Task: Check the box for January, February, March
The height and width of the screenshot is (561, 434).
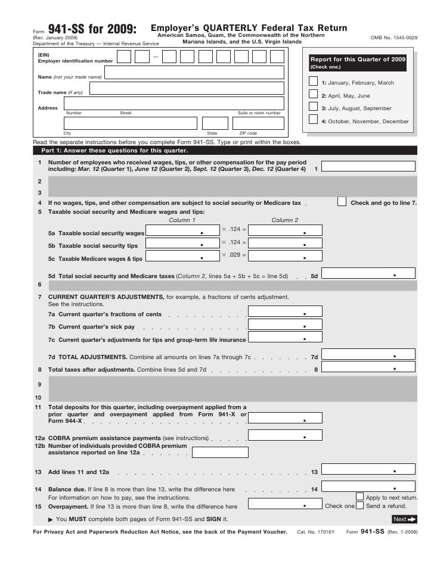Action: [314, 82]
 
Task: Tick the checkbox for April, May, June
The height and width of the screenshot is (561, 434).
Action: [314, 94]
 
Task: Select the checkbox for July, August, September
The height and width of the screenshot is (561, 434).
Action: [314, 107]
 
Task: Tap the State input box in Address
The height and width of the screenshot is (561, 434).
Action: [212, 123]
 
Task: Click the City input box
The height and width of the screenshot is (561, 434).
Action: [131, 123]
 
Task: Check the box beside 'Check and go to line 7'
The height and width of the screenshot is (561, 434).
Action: [342, 201]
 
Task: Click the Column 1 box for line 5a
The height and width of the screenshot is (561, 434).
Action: [182, 230]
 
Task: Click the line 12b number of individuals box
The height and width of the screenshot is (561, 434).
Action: [216, 451]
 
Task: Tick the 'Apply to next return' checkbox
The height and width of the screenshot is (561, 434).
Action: [359, 496]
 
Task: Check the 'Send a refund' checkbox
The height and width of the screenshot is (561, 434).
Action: [359, 506]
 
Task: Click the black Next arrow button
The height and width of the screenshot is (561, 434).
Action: [404, 519]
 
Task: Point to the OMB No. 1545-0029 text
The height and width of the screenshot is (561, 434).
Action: [394, 38]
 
